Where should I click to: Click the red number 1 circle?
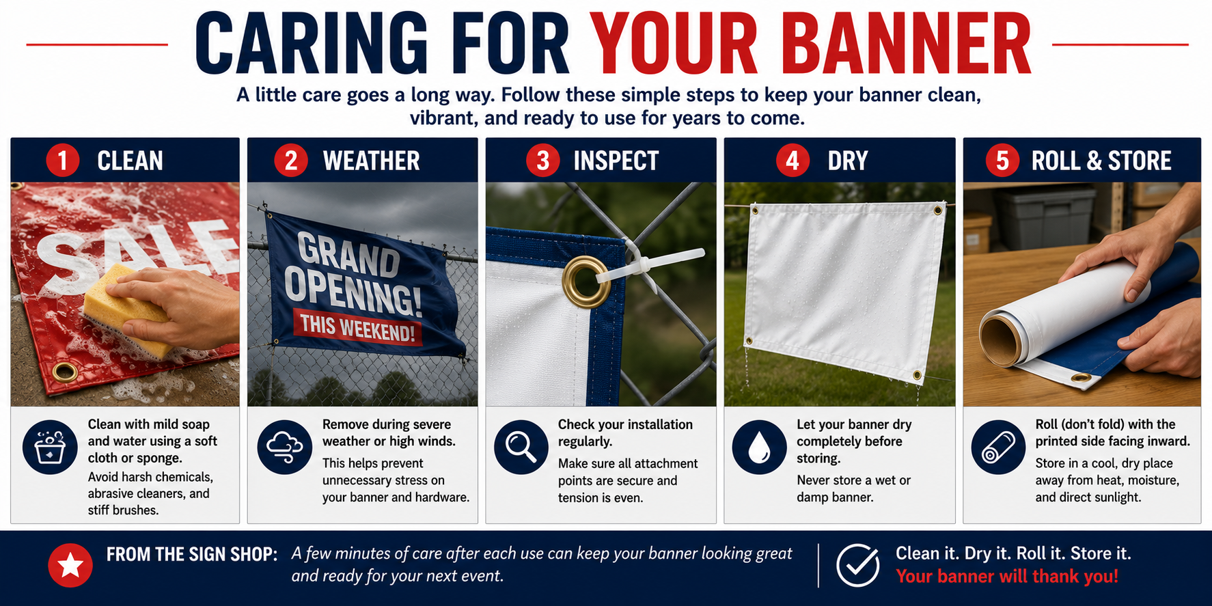click(63, 161)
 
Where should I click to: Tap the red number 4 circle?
click(793, 161)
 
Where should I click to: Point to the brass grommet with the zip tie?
click(586, 281)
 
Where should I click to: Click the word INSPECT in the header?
click(616, 161)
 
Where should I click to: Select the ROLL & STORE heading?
click(1101, 161)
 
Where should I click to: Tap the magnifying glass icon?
click(521, 447)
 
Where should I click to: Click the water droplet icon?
click(759, 447)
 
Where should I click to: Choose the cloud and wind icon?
click(285, 447)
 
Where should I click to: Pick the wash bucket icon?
click(50, 447)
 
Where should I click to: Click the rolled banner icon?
click(998, 447)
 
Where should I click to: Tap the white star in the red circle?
click(70, 565)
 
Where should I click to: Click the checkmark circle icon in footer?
click(858, 565)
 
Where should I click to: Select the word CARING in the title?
click(312, 44)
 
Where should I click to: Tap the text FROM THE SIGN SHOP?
click(192, 554)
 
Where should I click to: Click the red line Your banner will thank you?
click(1007, 577)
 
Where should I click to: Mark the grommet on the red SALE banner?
click(66, 372)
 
